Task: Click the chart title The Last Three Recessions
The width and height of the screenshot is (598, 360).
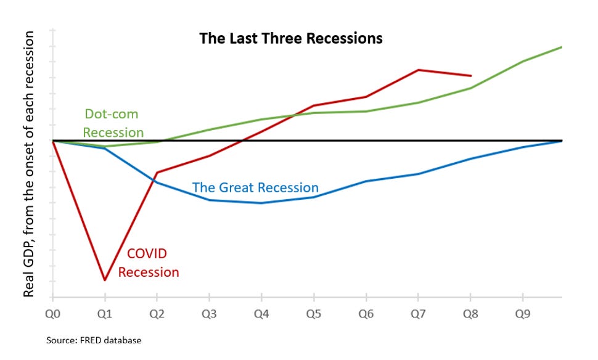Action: click(x=290, y=38)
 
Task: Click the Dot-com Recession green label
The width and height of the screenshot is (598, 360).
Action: click(x=113, y=123)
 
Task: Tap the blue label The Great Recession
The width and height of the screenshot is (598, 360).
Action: click(x=255, y=187)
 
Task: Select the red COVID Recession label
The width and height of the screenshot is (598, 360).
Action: click(x=148, y=263)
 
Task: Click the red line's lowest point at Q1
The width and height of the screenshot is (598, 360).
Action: click(x=105, y=280)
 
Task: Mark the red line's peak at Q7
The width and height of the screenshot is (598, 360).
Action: click(x=419, y=70)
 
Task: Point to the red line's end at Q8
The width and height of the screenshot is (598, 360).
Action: click(x=472, y=76)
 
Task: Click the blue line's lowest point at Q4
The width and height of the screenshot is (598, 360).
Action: click(x=262, y=203)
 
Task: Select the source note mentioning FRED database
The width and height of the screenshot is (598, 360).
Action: click(x=94, y=340)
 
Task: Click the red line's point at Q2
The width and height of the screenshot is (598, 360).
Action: click(x=157, y=173)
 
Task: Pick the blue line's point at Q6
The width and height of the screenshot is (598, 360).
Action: click(x=367, y=181)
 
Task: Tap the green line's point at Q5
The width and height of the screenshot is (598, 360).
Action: click(x=314, y=113)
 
